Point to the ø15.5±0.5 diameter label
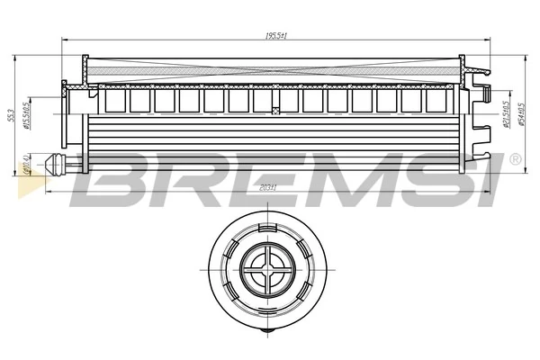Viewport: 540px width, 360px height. (x=29, y=115)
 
